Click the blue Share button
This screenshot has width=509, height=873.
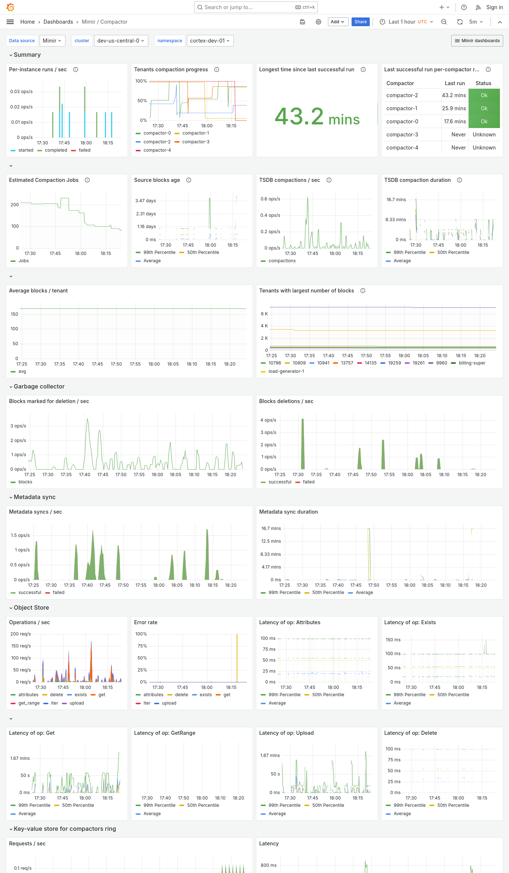click(360, 22)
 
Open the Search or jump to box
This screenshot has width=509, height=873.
click(256, 7)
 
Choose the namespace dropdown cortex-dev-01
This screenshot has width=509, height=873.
click(210, 41)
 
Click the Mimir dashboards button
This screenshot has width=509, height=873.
click(477, 41)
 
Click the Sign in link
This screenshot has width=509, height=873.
click(494, 7)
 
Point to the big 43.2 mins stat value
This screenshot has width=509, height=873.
click(317, 117)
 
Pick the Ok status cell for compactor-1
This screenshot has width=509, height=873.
click(484, 108)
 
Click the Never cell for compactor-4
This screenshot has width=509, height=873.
click(458, 148)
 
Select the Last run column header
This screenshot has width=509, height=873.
click(454, 83)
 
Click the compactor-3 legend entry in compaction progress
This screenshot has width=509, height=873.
click(196, 142)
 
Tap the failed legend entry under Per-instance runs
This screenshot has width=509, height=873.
click(84, 150)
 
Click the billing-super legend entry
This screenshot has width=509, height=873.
click(472, 363)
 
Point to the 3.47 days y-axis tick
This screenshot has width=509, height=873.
click(145, 201)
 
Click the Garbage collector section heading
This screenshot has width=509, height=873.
click(39, 386)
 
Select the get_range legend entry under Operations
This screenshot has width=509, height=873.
click(29, 703)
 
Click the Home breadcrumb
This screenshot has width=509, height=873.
click(28, 22)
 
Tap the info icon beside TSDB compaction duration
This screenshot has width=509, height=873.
click(460, 180)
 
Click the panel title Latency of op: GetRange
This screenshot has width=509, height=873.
click(164, 733)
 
